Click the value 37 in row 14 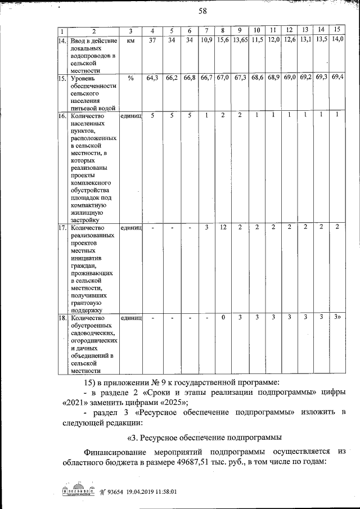[x=152, y=40]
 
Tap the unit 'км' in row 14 [x=130, y=40]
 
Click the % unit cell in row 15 [x=130, y=78]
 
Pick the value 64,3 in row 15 [x=152, y=78]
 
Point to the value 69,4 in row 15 [x=338, y=76]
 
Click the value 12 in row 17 [x=223, y=227]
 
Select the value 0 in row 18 [x=223, y=318]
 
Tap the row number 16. [x=62, y=115]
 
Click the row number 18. [x=62, y=318]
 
